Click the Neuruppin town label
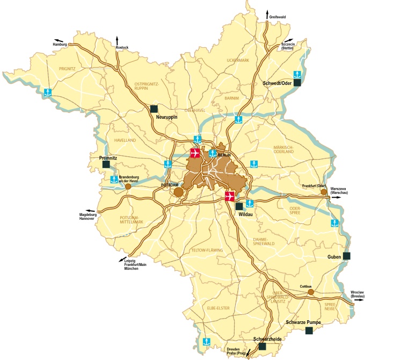(x=166, y=117)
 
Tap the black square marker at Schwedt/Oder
(x=297, y=83)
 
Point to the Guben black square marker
(x=347, y=256)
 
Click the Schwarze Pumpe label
(x=303, y=322)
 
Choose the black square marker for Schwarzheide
(x=262, y=347)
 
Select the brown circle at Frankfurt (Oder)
(x=324, y=191)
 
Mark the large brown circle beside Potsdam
(x=179, y=191)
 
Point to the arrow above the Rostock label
(x=118, y=40)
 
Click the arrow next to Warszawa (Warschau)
(x=336, y=198)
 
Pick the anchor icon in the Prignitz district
(x=48, y=92)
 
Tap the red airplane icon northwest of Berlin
(x=195, y=153)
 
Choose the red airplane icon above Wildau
(x=230, y=197)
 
